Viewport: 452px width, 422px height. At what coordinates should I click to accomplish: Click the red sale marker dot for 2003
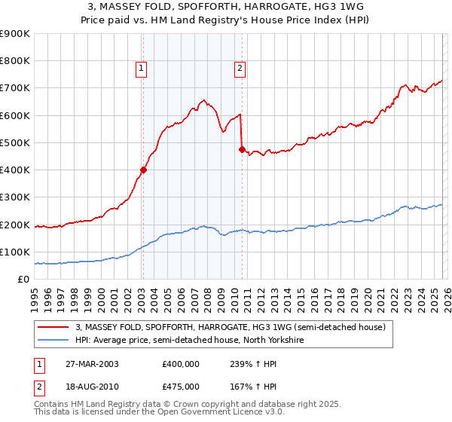143,170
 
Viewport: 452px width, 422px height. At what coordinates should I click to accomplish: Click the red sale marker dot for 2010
242,149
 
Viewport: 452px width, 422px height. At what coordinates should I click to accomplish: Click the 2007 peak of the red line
202,99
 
